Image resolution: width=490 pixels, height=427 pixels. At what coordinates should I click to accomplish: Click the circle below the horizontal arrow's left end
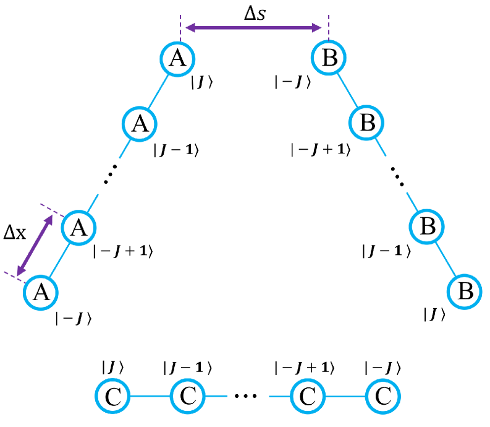[x=177, y=59]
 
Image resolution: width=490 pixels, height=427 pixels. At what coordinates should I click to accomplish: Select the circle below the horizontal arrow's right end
[x=328, y=58]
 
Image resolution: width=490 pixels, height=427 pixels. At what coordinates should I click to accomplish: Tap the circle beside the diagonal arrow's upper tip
[x=78, y=228]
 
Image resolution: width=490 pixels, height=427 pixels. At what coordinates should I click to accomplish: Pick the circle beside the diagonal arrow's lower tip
[x=41, y=292]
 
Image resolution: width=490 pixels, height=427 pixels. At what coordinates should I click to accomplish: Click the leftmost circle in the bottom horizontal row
[x=112, y=396]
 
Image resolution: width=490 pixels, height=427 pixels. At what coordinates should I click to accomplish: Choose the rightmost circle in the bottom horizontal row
[x=382, y=396]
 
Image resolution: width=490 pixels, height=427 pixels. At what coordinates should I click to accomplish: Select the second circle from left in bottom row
[x=187, y=396]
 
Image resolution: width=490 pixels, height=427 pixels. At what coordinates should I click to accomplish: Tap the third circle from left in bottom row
[x=308, y=396]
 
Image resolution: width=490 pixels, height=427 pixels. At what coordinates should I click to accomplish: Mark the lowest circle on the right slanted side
[x=464, y=291]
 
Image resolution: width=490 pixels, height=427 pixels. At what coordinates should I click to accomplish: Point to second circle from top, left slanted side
[x=140, y=124]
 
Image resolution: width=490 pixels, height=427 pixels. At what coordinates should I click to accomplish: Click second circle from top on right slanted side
[x=366, y=123]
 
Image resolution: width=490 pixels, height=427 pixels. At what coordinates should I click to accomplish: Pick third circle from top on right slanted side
[x=426, y=226]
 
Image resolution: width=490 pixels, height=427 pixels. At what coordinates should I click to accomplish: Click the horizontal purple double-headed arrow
[x=253, y=28]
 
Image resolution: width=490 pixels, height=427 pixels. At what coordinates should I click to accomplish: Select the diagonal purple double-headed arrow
[x=35, y=245]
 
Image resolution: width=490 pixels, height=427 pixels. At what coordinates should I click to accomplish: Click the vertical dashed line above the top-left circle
[x=180, y=28]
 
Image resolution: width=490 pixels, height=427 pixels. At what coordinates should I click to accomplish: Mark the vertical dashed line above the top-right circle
[x=329, y=28]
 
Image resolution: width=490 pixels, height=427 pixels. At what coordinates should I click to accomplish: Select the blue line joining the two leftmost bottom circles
[x=150, y=396]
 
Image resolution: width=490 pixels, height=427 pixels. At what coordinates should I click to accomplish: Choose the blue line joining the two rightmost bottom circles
[x=345, y=396]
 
